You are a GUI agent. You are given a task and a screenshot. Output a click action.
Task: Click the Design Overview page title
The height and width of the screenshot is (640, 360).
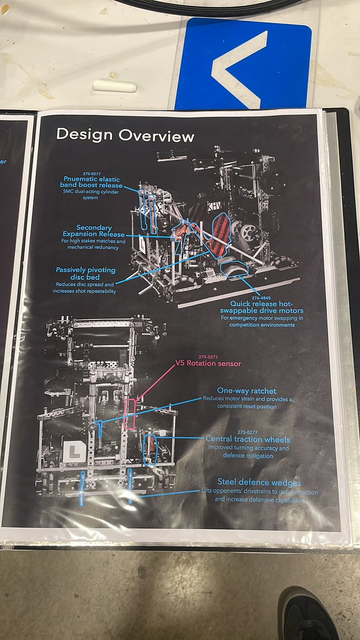(x=125, y=135)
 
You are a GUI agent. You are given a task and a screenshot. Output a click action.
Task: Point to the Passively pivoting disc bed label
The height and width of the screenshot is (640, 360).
(x=86, y=274)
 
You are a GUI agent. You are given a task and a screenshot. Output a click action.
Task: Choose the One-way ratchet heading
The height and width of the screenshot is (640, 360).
(x=246, y=391)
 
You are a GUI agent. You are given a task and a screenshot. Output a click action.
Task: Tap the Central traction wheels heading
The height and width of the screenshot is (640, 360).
(x=248, y=439)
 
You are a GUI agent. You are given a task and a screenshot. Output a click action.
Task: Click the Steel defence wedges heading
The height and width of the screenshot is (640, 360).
(x=259, y=483)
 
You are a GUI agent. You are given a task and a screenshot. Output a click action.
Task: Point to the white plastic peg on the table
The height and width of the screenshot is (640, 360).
(x=114, y=85)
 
